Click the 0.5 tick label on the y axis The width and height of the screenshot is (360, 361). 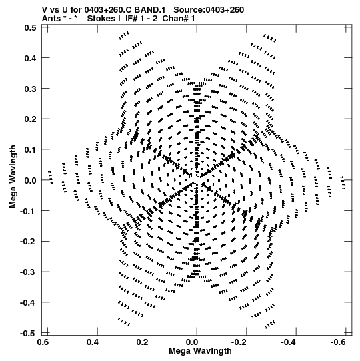point(30,27)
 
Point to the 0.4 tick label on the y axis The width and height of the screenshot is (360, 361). point(30,58)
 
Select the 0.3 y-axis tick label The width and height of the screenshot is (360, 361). point(30,89)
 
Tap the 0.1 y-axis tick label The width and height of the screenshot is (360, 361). point(30,150)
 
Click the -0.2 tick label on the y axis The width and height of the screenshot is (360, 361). point(28,242)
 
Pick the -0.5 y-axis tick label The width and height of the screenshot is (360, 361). point(28,334)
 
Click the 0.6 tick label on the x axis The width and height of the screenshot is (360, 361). point(43,342)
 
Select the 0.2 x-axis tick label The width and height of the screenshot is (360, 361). point(142,342)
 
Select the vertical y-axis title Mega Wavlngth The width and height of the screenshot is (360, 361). point(13,177)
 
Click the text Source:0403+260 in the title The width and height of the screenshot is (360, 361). point(209,10)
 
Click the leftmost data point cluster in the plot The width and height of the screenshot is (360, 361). point(50,177)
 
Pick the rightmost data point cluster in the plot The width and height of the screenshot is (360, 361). point(343,183)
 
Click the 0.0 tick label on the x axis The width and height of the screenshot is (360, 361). point(192,342)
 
